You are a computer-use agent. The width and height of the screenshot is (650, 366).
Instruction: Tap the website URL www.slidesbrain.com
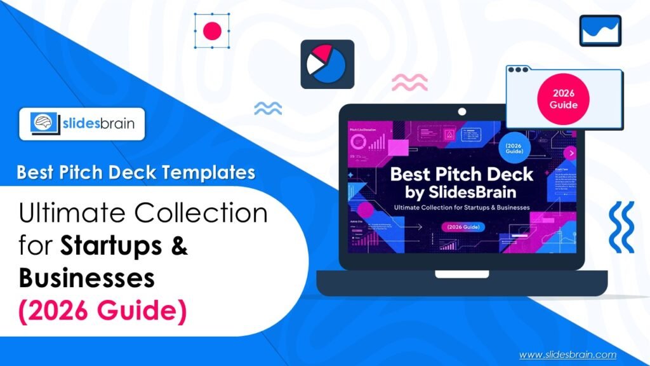[567, 355]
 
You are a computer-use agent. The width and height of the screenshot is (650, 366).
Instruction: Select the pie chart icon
[327, 64]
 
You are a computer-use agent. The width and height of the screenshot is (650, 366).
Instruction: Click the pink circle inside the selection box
[211, 30]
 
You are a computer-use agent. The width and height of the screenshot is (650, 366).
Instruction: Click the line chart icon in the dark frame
[600, 30]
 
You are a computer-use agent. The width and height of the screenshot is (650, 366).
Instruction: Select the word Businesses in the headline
[86, 278]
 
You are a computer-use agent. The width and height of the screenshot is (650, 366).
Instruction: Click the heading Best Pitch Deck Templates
[136, 172]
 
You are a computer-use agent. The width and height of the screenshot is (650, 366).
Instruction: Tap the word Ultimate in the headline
[70, 214]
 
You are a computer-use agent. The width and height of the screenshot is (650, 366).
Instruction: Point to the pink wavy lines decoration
[409, 81]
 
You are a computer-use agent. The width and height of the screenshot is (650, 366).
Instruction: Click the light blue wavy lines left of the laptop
[268, 109]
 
